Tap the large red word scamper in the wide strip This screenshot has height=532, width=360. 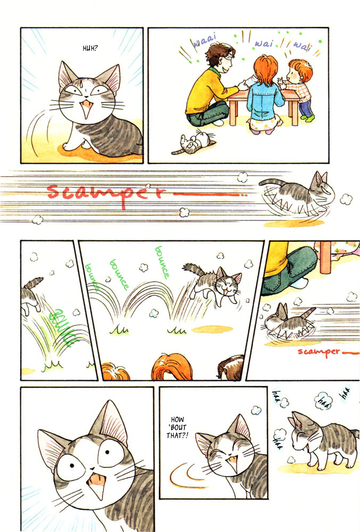(106, 192)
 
